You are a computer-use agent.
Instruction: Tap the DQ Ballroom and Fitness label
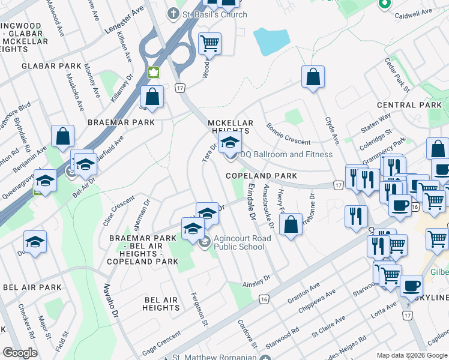tap(286, 154)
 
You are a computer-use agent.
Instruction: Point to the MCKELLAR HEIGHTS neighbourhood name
tap(231, 127)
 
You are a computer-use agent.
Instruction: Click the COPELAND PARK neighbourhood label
tap(261, 176)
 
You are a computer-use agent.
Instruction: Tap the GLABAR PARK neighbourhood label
tap(51, 66)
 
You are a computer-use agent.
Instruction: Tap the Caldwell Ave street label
tap(414, 12)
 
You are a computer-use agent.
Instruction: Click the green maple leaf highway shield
tap(154, 73)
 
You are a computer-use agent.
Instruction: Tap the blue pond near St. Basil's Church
tap(271, 40)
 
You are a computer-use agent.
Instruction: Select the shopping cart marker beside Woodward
tap(209, 43)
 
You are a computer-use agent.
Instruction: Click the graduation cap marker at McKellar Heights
tap(229, 143)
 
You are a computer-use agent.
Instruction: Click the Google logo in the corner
tap(19, 353)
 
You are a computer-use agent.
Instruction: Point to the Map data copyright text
tap(412, 355)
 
